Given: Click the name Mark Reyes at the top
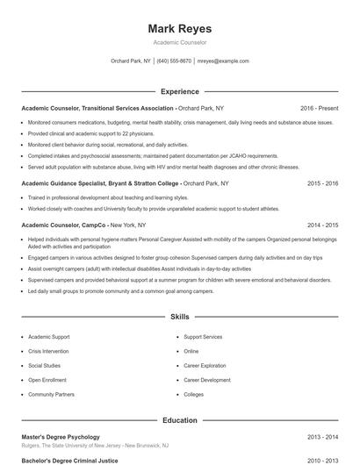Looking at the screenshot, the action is [x=179, y=29].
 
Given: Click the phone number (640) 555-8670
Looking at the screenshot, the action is [x=175, y=61].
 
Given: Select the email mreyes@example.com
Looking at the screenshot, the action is [x=223, y=61].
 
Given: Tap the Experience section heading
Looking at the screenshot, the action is [x=179, y=91].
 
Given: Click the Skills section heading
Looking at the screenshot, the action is [x=179, y=316].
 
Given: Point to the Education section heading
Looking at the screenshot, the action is [x=179, y=420].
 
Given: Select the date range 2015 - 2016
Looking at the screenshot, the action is [x=322, y=184].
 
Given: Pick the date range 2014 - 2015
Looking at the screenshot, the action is [x=322, y=225].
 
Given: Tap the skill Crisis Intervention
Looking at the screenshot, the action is [x=48, y=351].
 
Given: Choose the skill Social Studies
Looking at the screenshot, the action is [x=44, y=365].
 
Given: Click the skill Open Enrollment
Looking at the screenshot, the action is [x=47, y=380].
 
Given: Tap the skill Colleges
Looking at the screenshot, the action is [x=193, y=395].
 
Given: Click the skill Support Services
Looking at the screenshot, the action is [x=203, y=336].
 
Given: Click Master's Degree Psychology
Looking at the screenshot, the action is [x=61, y=437].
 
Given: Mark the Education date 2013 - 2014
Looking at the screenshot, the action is [x=322, y=437].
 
